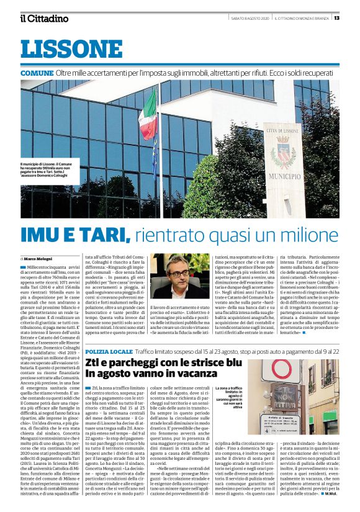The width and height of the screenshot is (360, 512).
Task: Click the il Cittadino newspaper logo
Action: tap(43, 18)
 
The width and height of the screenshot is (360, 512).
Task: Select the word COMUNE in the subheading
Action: tap(37, 73)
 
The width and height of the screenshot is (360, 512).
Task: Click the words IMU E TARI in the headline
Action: tap(74, 235)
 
